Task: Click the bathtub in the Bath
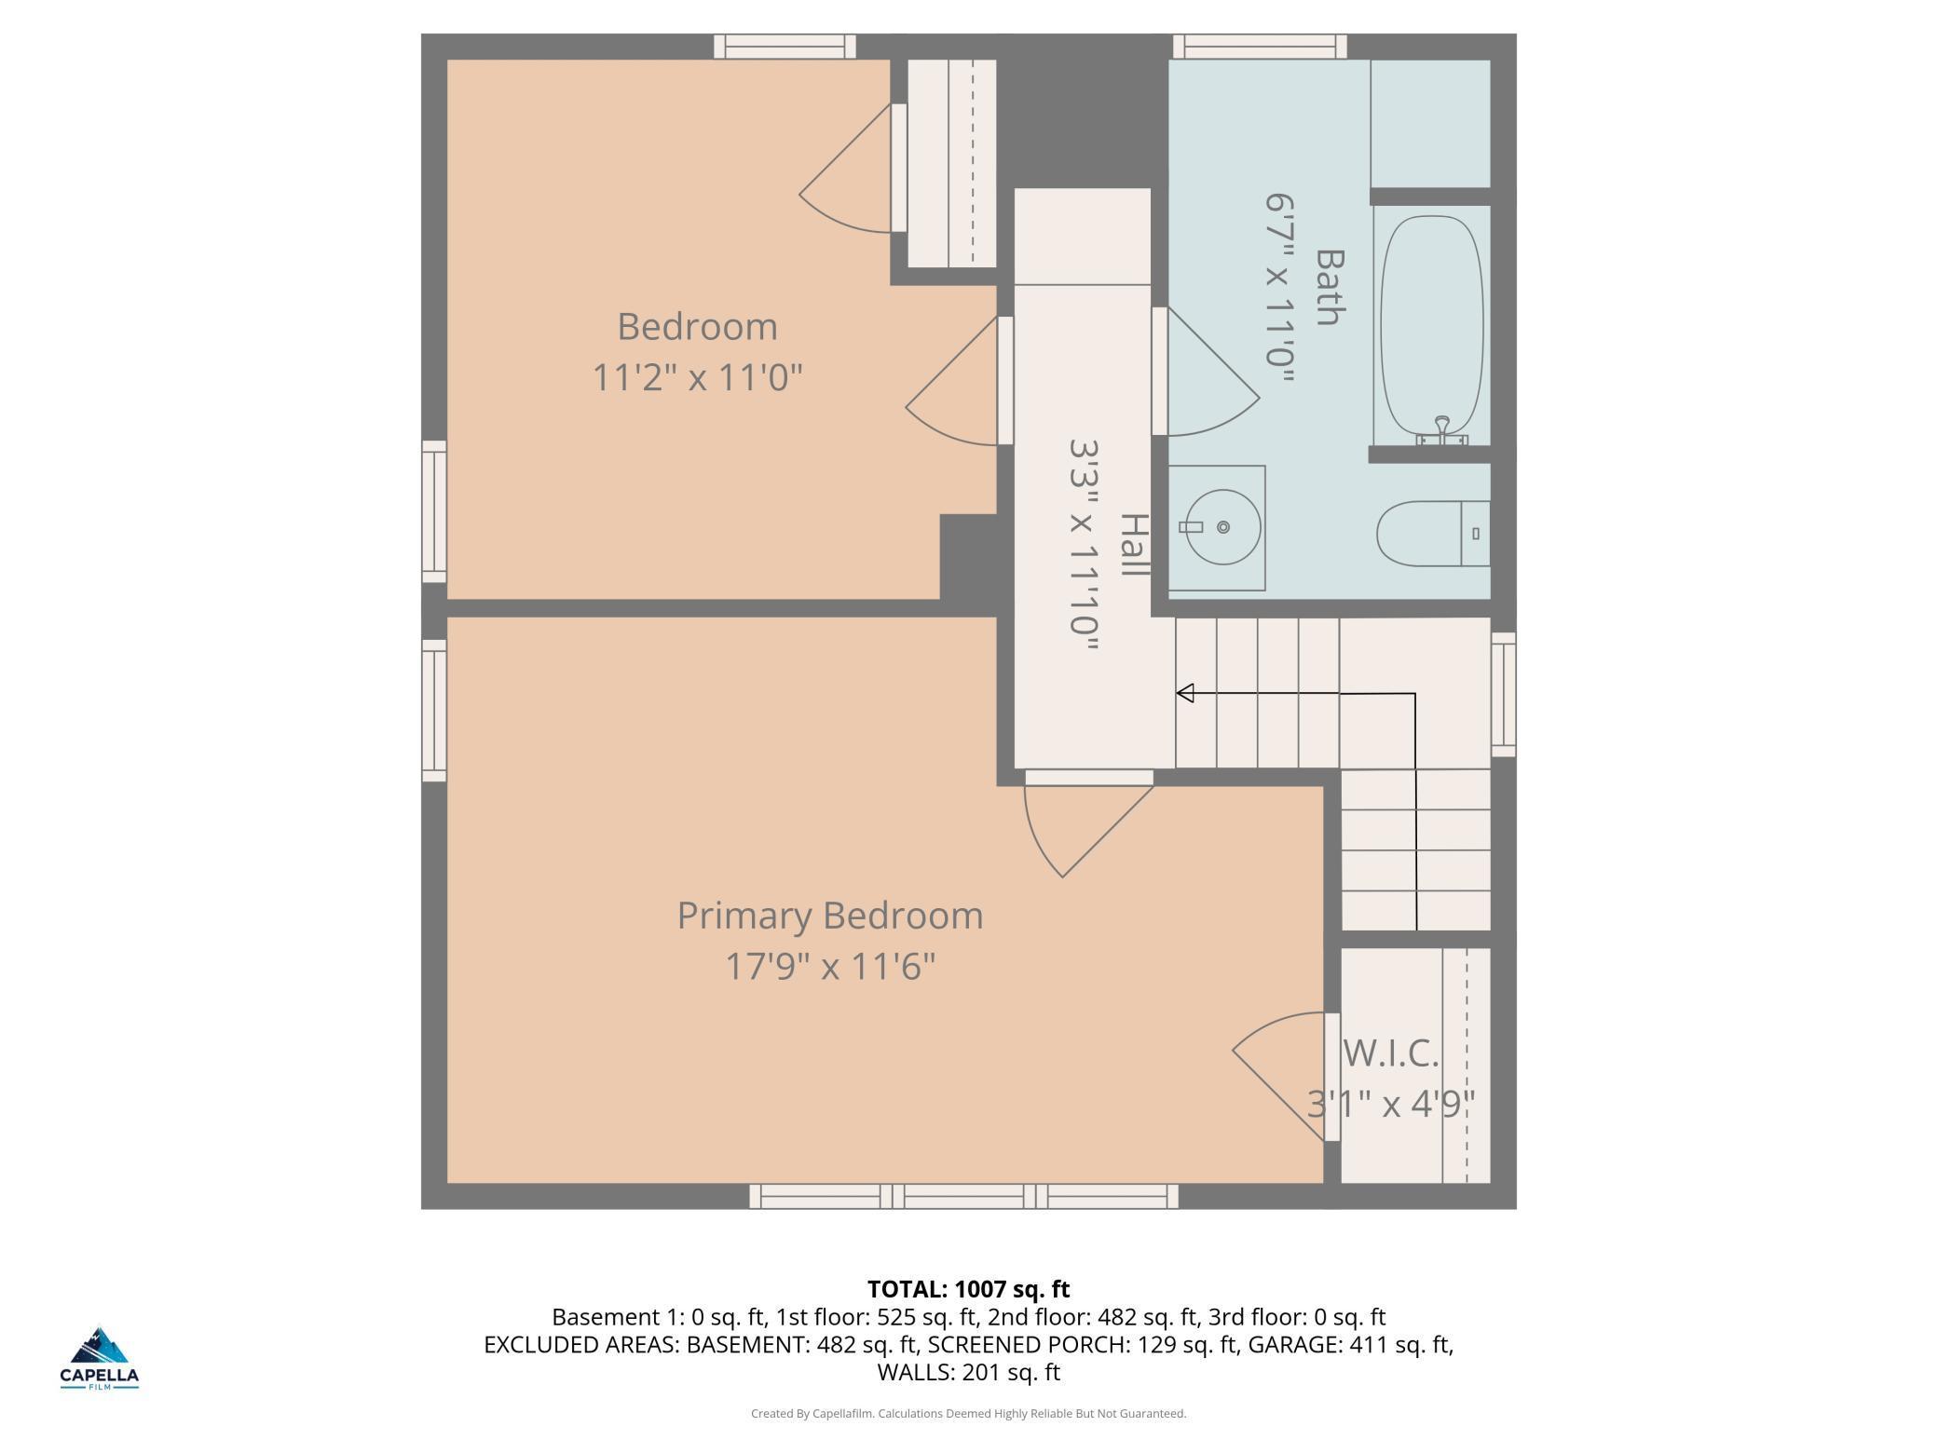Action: coord(1431,325)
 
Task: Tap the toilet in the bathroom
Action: coord(1433,534)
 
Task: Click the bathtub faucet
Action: coord(1442,431)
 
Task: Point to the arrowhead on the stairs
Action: coord(1185,693)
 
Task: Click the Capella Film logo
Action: coord(100,1358)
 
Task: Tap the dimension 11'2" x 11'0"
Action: coord(698,378)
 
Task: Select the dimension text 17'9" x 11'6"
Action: coord(830,966)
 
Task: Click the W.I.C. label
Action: coord(1391,1053)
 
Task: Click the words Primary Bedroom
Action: coord(830,916)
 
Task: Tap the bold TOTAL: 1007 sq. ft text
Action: coord(969,1289)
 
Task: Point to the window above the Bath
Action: coord(1260,47)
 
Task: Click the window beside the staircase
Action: coord(1504,695)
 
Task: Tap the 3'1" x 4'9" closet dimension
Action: coord(1391,1105)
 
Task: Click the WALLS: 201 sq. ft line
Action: coord(969,1372)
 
